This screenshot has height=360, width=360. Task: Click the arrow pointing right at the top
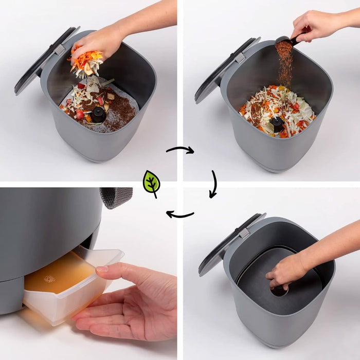click(180, 150)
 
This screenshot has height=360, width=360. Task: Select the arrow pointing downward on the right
click(212, 184)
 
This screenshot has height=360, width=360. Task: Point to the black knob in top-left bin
click(98, 114)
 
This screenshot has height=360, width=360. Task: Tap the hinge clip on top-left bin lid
click(61, 50)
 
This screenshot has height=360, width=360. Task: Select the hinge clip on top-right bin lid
click(240, 58)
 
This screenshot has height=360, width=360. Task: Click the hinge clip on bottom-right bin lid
click(244, 232)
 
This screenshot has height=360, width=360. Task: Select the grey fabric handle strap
click(116, 197)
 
